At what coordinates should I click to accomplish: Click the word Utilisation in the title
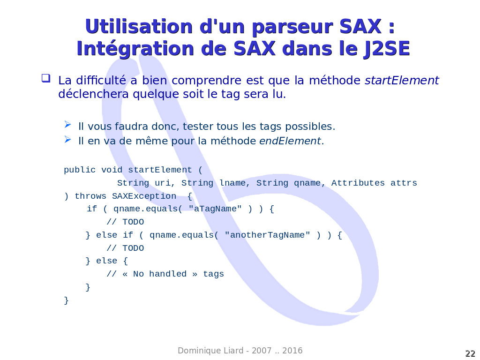[x=139, y=26]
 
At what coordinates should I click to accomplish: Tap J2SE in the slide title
[x=387, y=49]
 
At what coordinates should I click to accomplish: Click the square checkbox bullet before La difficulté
[x=46, y=78]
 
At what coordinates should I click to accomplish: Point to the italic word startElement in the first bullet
[x=402, y=80]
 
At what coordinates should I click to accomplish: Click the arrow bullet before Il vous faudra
[x=67, y=124]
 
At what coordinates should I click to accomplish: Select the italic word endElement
[x=290, y=141]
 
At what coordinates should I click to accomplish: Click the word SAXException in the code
[x=144, y=196]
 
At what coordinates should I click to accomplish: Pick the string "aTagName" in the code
[x=215, y=209]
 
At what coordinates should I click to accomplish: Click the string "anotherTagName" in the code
[x=267, y=235]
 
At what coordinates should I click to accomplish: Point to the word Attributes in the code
[x=358, y=183]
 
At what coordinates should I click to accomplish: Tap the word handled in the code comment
[x=168, y=274]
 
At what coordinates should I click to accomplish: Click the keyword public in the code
[x=80, y=170]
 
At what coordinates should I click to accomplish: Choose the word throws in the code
[x=90, y=196]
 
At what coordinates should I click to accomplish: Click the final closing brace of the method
[x=66, y=300]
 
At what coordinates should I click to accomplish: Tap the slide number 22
[x=470, y=353]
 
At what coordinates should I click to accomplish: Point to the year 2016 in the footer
[x=292, y=351]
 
